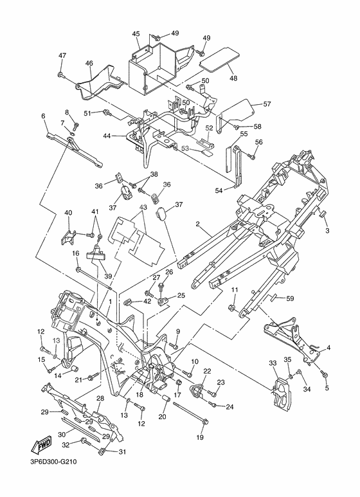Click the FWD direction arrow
click(40, 447)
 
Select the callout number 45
click(136, 34)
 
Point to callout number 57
click(267, 104)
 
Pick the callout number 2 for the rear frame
click(197, 224)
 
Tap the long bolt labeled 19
click(190, 413)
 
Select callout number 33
click(273, 363)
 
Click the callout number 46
click(89, 64)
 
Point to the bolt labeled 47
click(61, 75)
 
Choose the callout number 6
click(43, 116)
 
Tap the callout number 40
click(68, 212)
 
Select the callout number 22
click(206, 371)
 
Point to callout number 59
click(290, 298)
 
